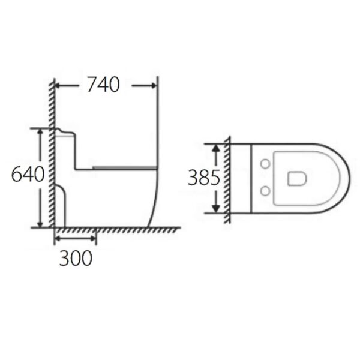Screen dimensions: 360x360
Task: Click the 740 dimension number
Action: point(103,85)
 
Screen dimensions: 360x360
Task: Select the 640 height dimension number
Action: point(28,175)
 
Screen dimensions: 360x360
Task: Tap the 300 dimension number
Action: point(76,257)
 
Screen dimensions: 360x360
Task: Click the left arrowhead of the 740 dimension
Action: point(59,86)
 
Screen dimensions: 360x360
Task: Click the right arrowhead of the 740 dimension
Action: point(154,86)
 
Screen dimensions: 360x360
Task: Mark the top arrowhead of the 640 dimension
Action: point(40,131)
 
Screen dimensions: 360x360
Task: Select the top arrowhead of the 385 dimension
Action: point(216,147)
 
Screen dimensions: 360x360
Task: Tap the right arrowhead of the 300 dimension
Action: point(93,238)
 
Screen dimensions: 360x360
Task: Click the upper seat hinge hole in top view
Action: point(265,164)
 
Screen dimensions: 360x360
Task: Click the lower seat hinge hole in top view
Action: point(265,191)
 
